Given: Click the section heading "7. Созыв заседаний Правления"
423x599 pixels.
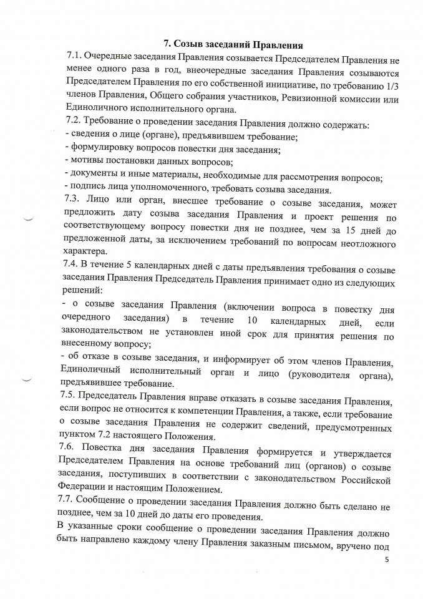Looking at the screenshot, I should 233,44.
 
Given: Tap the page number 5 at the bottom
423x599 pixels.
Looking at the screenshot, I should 387,560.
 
